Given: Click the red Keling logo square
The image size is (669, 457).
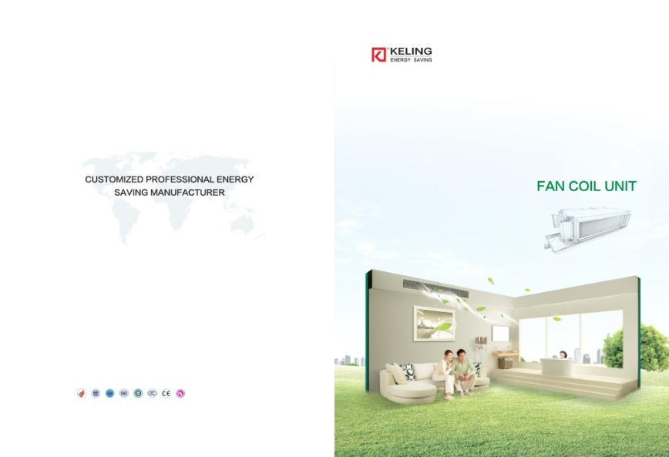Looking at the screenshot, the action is point(378,55).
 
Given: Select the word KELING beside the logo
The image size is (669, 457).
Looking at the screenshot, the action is point(411,52).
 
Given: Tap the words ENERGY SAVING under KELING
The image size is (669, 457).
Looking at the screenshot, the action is point(411,60).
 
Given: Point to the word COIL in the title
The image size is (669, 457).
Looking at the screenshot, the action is point(585,186).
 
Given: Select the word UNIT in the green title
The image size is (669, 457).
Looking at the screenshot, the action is point(620,186).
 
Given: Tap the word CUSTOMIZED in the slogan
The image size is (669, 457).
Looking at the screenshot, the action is point(114,180).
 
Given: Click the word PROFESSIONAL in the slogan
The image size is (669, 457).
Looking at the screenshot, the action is point(180,180).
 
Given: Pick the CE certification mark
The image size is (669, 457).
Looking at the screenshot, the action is point(166,394).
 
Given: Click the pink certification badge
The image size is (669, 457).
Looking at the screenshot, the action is point(180,394).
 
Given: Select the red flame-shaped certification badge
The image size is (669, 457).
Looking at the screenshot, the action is point(82,394).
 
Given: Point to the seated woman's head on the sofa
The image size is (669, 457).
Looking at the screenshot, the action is point(448,355).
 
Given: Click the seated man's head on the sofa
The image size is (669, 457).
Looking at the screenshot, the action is point(460,355).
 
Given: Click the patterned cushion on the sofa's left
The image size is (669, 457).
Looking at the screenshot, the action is point(405,370).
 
